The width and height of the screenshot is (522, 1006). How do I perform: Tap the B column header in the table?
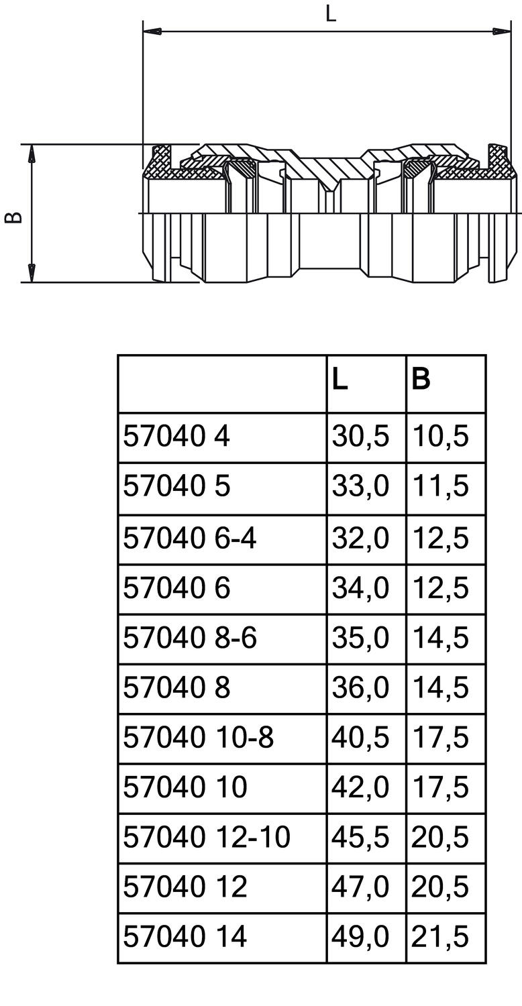click(421, 380)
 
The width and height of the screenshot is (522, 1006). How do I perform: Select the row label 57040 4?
click(176, 437)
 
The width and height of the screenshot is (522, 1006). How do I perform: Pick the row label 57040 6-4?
click(189, 538)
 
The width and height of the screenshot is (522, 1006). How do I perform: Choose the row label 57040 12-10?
click(207, 837)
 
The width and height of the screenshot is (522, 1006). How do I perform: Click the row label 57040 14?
click(185, 937)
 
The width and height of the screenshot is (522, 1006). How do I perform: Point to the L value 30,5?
click(360, 437)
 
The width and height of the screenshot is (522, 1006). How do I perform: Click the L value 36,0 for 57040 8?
click(360, 687)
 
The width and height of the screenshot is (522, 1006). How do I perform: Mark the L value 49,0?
click(360, 937)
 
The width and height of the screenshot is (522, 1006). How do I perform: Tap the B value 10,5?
click(440, 437)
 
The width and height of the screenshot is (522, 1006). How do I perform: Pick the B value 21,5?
click(440, 937)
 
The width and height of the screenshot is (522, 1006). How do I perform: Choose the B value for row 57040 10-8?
click(440, 737)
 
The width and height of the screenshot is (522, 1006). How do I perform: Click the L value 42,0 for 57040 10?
click(360, 787)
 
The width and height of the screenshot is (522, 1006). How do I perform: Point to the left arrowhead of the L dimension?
click(152, 31)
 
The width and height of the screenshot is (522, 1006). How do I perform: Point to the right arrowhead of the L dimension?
click(499, 31)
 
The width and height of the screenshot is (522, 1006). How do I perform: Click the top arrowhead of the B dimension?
click(31, 154)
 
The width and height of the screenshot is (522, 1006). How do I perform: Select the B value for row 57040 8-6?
click(440, 638)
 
